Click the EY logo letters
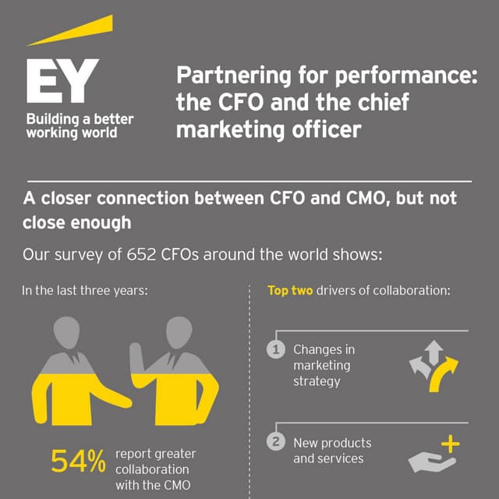point(62,82)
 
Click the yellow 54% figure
point(78,462)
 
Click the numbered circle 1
point(275,350)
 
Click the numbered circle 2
point(275,442)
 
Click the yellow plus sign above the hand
point(451,445)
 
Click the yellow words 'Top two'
point(290,291)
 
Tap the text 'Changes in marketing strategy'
point(322,365)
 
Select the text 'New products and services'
point(332,451)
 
